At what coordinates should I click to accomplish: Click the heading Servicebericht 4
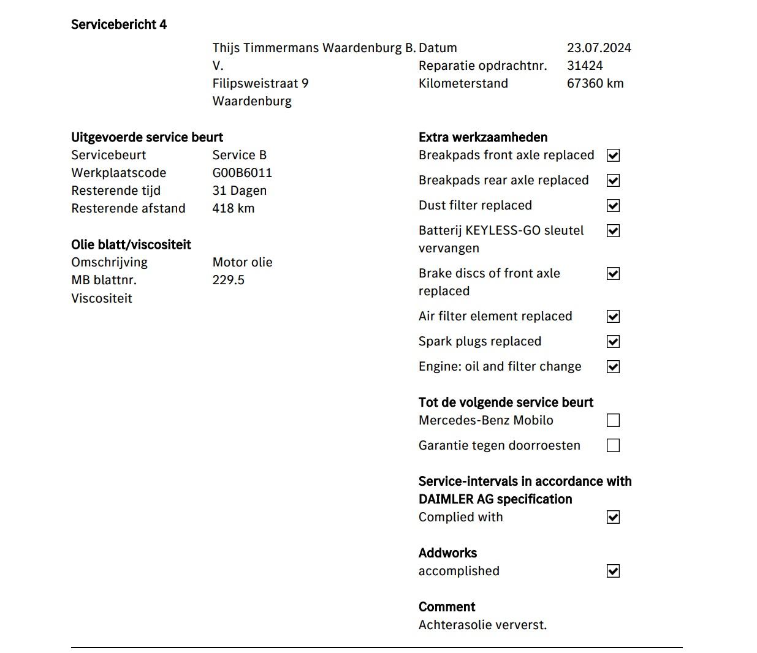coord(119,25)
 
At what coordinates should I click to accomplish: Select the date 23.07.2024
coord(599,48)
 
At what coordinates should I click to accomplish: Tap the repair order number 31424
coord(585,66)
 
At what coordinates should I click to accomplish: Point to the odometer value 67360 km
coord(595,83)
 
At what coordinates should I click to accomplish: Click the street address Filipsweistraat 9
coord(261,83)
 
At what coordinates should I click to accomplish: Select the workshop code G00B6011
coord(242,173)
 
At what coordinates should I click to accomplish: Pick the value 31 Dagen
coord(239,191)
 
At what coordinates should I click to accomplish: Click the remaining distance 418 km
coord(233,208)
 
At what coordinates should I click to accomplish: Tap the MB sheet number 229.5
coord(228,280)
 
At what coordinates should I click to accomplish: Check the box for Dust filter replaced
coord(613,206)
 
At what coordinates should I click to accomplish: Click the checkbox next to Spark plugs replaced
coord(613,342)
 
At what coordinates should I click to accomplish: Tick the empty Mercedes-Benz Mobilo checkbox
coord(613,420)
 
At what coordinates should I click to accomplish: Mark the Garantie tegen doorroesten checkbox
coord(613,445)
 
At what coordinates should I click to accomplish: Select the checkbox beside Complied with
coord(613,518)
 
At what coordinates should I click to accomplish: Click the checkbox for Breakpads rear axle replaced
coord(613,181)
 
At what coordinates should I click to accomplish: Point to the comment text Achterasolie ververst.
coord(482,625)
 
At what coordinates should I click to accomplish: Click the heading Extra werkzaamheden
coord(483,137)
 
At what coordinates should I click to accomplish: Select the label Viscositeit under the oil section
coord(102,298)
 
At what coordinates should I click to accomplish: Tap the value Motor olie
coord(242,262)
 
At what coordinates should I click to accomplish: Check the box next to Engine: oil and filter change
coord(613,367)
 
